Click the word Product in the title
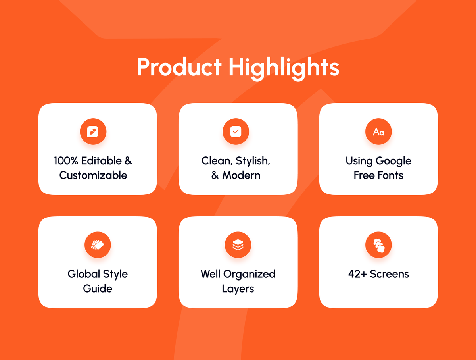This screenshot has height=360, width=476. pyautogui.click(x=179, y=67)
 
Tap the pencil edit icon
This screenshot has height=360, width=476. pyautogui.click(x=93, y=132)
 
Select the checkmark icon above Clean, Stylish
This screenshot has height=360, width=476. pyautogui.click(x=236, y=131)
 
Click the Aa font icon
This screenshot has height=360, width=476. pyautogui.click(x=378, y=132)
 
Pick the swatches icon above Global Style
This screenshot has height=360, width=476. pyautogui.click(x=97, y=245)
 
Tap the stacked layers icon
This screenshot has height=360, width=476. pyautogui.click(x=238, y=245)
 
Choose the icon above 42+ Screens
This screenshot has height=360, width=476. pyautogui.click(x=378, y=245)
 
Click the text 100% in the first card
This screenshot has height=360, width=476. pyautogui.click(x=66, y=161)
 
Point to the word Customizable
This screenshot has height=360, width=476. pyautogui.click(x=93, y=175)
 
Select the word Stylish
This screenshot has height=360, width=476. pyautogui.click(x=253, y=161)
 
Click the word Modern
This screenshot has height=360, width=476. pyautogui.click(x=241, y=175)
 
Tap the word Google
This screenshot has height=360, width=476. pyautogui.click(x=393, y=161)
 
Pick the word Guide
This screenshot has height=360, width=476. pyautogui.click(x=98, y=289)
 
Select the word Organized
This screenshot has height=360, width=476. pyautogui.click(x=250, y=274)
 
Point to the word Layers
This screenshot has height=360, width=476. pyautogui.click(x=238, y=289)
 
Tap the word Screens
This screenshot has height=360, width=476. pyautogui.click(x=389, y=274)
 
